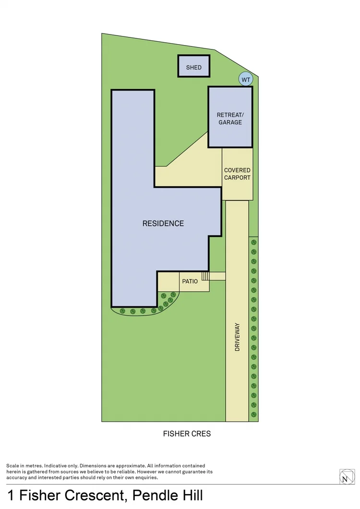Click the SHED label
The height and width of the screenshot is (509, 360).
pyautogui.click(x=194, y=68)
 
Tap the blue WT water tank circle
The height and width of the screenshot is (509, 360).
pyautogui.click(x=246, y=80)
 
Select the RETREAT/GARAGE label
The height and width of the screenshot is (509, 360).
pyautogui.click(x=230, y=118)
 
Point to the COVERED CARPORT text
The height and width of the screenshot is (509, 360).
pyautogui.click(x=237, y=174)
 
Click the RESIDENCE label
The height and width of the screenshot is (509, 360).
pyautogui.click(x=163, y=224)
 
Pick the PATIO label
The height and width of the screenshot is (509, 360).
pyautogui.click(x=190, y=282)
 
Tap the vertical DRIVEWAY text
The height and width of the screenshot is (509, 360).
pyautogui.click(x=237, y=337)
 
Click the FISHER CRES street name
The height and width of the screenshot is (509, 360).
pyautogui.click(x=187, y=434)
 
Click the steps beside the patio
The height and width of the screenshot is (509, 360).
pyautogui.click(x=205, y=276)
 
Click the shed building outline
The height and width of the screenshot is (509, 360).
pyautogui.click(x=194, y=56)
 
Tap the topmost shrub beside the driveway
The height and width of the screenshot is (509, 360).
pyautogui.click(x=254, y=242)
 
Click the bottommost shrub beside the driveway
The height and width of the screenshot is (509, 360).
pyautogui.click(x=254, y=414)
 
